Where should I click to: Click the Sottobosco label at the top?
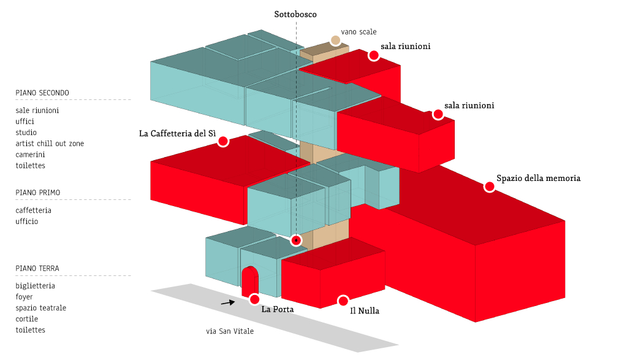pyautogui.click(x=295, y=14)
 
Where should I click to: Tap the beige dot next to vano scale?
pyautogui.click(x=335, y=40)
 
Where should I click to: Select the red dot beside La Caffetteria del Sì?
pyautogui.click(x=223, y=141)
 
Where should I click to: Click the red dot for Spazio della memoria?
pyautogui.click(x=490, y=186)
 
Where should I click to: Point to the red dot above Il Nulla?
pyautogui.click(x=343, y=301)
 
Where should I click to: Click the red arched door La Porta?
pyautogui.click(x=249, y=281)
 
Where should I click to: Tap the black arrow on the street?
pyautogui.click(x=228, y=303)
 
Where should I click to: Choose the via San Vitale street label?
pyautogui.click(x=230, y=331)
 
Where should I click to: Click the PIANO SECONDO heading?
pyautogui.click(x=42, y=93)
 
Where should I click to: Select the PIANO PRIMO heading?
pyautogui.click(x=38, y=193)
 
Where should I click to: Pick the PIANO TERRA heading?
pyautogui.click(x=37, y=269)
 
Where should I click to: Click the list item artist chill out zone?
pyautogui.click(x=50, y=144)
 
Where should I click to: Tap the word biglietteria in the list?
pyautogui.click(x=35, y=286)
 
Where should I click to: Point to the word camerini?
pyautogui.click(x=30, y=155)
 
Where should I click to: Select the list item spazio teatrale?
pyautogui.click(x=40, y=308)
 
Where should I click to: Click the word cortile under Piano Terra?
pyautogui.click(x=27, y=319)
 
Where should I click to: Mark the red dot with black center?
pyautogui.click(x=295, y=240)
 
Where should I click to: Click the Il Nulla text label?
pyautogui.click(x=365, y=311)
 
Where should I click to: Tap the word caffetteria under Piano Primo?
pyautogui.click(x=33, y=210)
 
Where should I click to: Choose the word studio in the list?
pyautogui.click(x=26, y=132)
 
